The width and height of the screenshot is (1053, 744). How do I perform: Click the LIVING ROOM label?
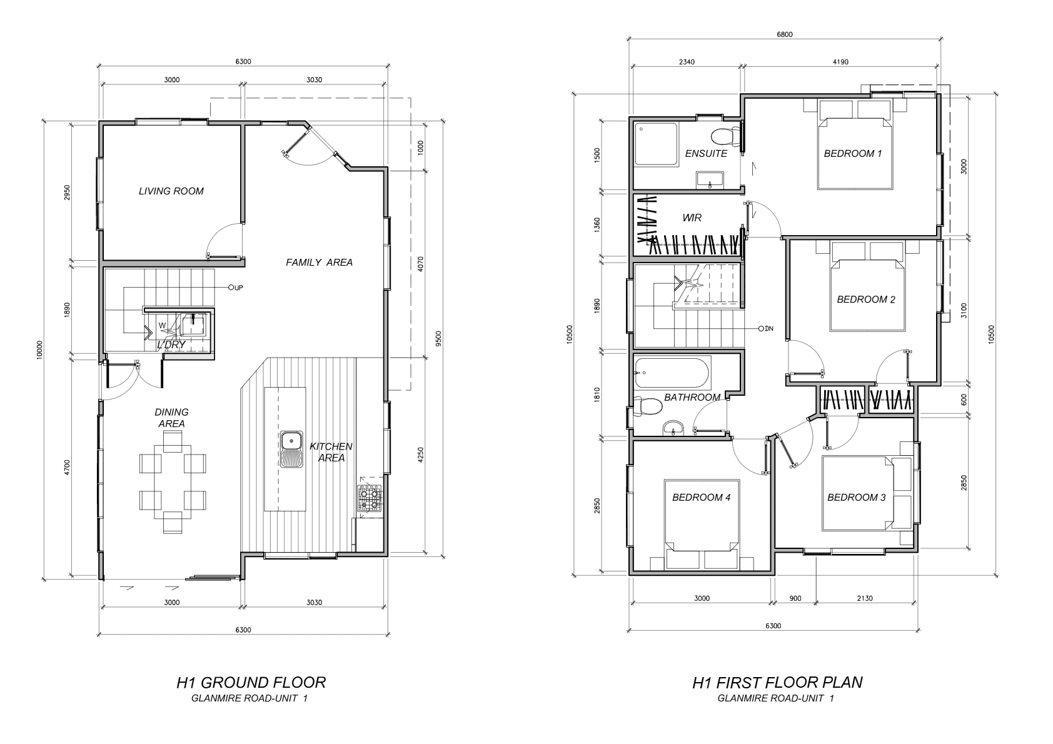point(171,191)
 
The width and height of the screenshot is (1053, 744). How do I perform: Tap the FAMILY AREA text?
point(319,263)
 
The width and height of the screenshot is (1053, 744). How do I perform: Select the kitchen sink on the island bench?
point(293,450)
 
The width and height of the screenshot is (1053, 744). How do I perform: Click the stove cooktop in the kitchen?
point(369,498)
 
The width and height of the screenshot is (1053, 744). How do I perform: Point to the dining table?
point(173,482)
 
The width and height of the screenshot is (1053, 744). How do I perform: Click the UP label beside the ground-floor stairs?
point(239,288)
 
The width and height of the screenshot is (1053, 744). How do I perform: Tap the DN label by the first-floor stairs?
point(769,328)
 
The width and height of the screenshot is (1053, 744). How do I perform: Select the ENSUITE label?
point(706,154)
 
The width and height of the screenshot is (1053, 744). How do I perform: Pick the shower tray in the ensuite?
point(656,144)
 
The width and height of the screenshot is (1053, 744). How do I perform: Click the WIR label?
point(692,218)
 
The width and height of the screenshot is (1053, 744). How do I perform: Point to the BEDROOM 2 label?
point(866,299)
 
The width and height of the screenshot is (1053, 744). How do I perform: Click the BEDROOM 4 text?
point(701,497)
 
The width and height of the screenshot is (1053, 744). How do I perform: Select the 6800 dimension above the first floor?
point(785,34)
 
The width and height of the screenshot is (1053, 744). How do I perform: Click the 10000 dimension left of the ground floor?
point(39,350)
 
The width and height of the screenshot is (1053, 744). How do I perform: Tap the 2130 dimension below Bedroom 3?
point(865,598)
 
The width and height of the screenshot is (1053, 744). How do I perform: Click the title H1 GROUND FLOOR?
point(251,683)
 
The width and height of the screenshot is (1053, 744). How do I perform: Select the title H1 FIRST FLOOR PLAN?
point(777,683)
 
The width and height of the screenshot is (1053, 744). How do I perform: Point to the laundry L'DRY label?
point(171,345)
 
